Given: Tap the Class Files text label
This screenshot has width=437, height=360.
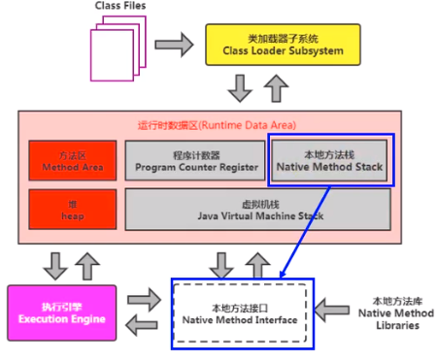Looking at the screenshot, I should click(121, 7).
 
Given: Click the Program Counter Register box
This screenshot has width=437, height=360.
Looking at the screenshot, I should click(194, 160).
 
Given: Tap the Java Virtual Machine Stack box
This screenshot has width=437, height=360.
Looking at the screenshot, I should click(257, 208).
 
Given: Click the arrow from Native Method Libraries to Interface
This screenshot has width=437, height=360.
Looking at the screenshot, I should click(330, 311).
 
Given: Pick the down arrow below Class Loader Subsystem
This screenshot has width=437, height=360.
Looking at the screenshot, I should click(238, 89).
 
